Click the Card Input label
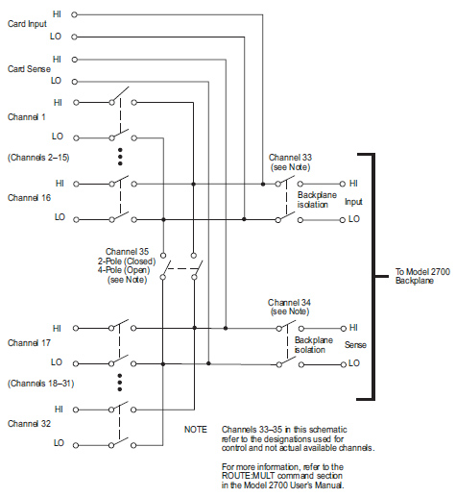pyautogui.click(x=27, y=24)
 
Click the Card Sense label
pyautogui.click(x=29, y=69)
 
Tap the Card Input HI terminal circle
pyautogui.click(x=74, y=14)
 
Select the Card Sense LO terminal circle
pyautogui.click(x=75, y=82)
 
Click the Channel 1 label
pyautogui.click(x=27, y=117)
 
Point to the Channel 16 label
pyautogui.click(x=29, y=198)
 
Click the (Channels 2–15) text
pyautogui.click(x=38, y=158)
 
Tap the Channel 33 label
pyautogui.click(x=290, y=158)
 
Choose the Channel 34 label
pyautogui.click(x=289, y=303)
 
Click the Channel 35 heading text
pyautogui.click(x=127, y=252)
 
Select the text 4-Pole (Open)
pyautogui.click(x=124, y=270)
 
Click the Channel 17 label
pyautogui.click(x=29, y=343)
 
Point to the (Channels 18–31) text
pyautogui.click(x=41, y=384)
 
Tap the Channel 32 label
pyautogui.click(x=29, y=424)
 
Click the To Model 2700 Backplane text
pyautogui.click(x=422, y=276)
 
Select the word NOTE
pyautogui.click(x=196, y=430)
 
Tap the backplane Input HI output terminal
pyautogui.click(x=343, y=184)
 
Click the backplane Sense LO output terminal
pyautogui.click(x=344, y=364)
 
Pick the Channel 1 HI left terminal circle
pyautogui.click(x=76, y=103)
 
